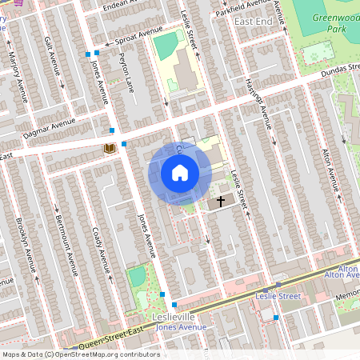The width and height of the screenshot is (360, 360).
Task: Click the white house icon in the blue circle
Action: [180, 173]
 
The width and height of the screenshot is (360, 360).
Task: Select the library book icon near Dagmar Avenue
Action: [109, 148]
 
